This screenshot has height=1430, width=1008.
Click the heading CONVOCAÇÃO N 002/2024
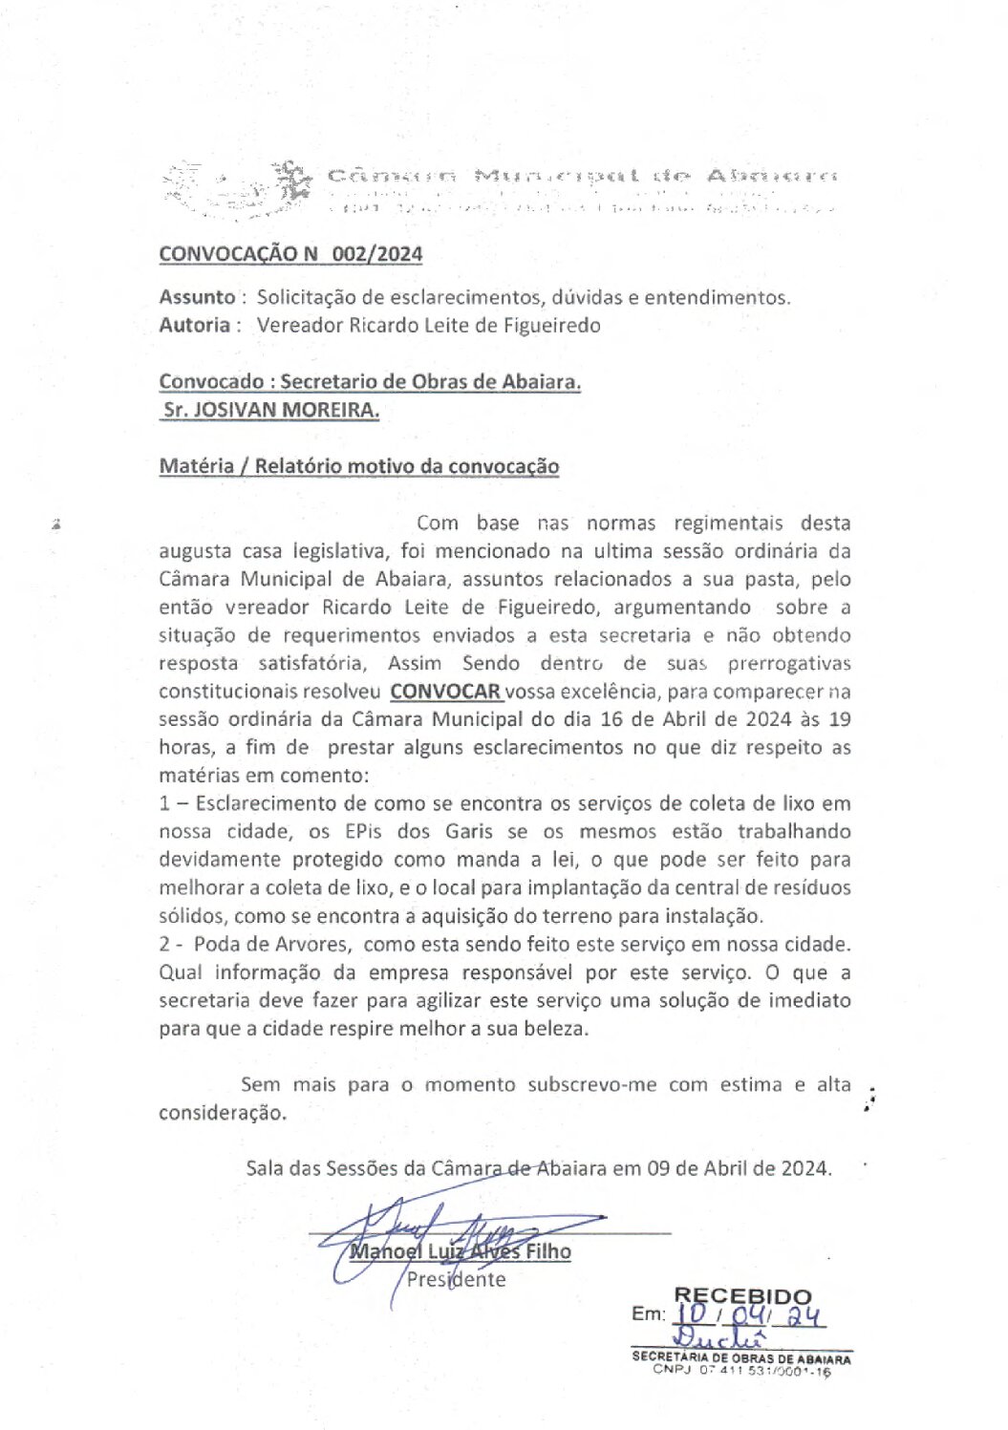point(290,254)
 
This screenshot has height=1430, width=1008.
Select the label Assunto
point(197,297)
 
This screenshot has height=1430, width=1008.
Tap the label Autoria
point(194,325)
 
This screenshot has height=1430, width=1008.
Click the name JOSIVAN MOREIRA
point(287,410)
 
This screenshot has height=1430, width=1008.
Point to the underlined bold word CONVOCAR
point(445,691)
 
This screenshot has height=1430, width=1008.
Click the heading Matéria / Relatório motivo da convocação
point(358,466)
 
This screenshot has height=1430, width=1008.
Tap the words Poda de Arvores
point(271,944)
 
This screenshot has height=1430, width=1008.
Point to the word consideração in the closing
point(222,1113)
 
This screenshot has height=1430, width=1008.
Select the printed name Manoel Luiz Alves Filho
point(461,1251)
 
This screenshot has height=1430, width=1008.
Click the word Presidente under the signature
point(456,1279)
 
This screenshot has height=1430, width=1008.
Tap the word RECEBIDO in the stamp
point(742,1296)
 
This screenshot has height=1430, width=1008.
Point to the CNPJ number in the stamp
point(764,1371)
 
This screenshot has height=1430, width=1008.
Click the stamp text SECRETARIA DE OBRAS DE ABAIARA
point(740,1357)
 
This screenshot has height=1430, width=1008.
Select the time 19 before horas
point(839,719)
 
